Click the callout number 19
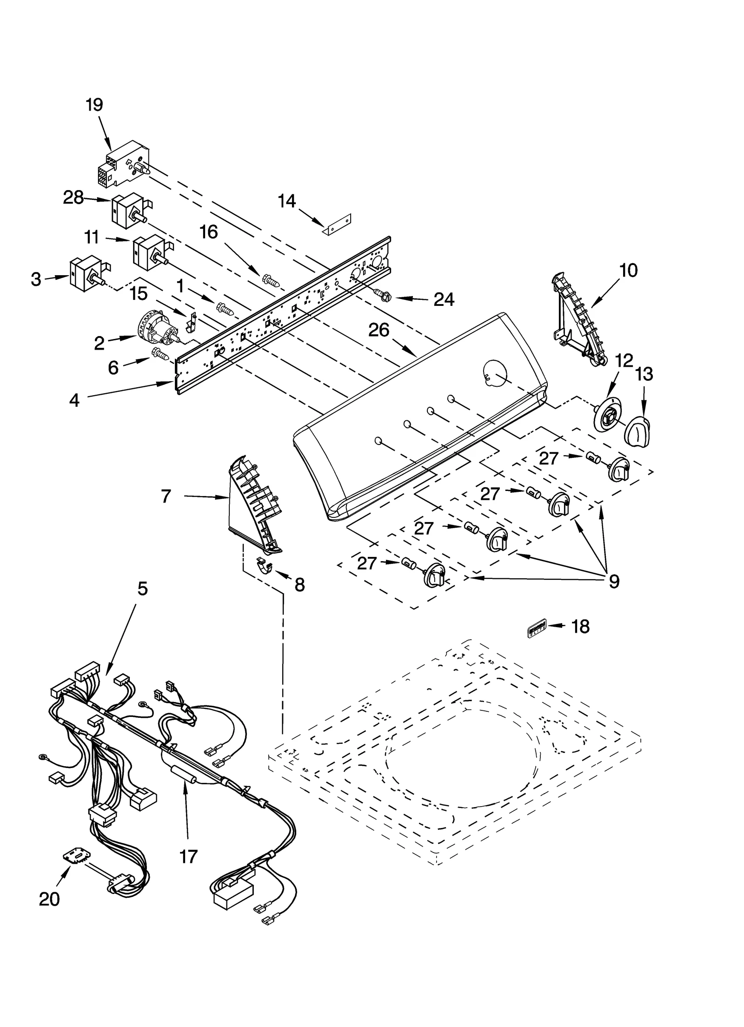coord(94,105)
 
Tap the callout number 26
coord(379,331)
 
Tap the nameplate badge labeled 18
coord(537,629)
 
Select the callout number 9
coord(614,581)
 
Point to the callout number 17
coord(188,856)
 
